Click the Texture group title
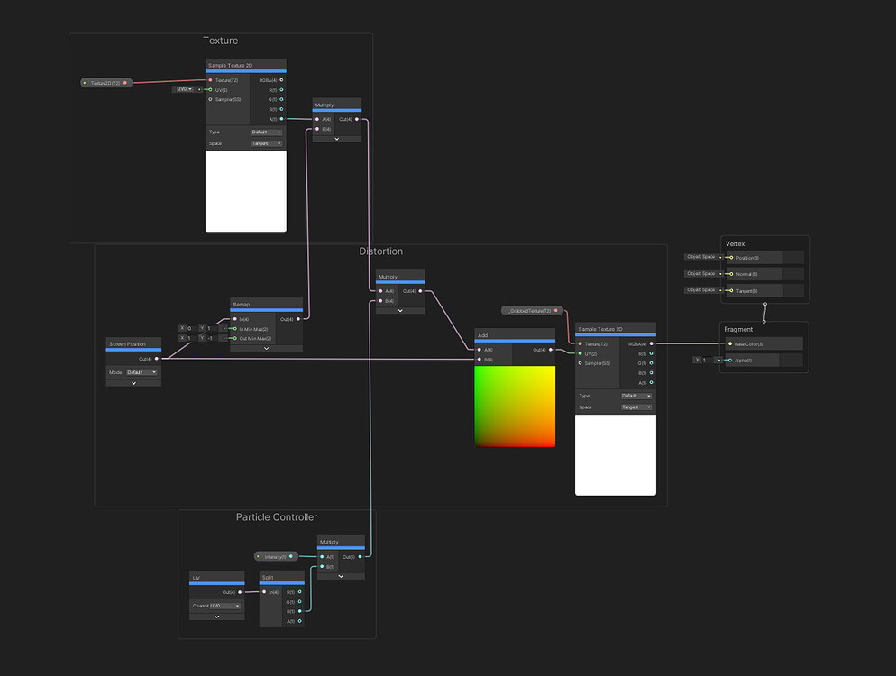coord(220,41)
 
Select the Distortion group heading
coord(380,251)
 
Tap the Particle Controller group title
coord(276,517)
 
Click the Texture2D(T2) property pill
coord(106,83)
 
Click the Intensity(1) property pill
coord(276,557)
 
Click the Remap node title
coord(242,305)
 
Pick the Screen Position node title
coord(127,344)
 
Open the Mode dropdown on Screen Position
coord(142,372)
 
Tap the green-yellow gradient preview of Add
coord(515,406)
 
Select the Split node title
coord(268,578)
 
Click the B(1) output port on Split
coord(299,611)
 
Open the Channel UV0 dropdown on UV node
coord(225,606)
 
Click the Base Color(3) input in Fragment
coord(731,343)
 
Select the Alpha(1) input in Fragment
coord(731,360)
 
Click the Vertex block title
coord(736,244)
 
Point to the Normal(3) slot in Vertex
coord(731,274)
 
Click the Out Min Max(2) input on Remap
coord(235,338)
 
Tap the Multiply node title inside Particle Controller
coord(329,543)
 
